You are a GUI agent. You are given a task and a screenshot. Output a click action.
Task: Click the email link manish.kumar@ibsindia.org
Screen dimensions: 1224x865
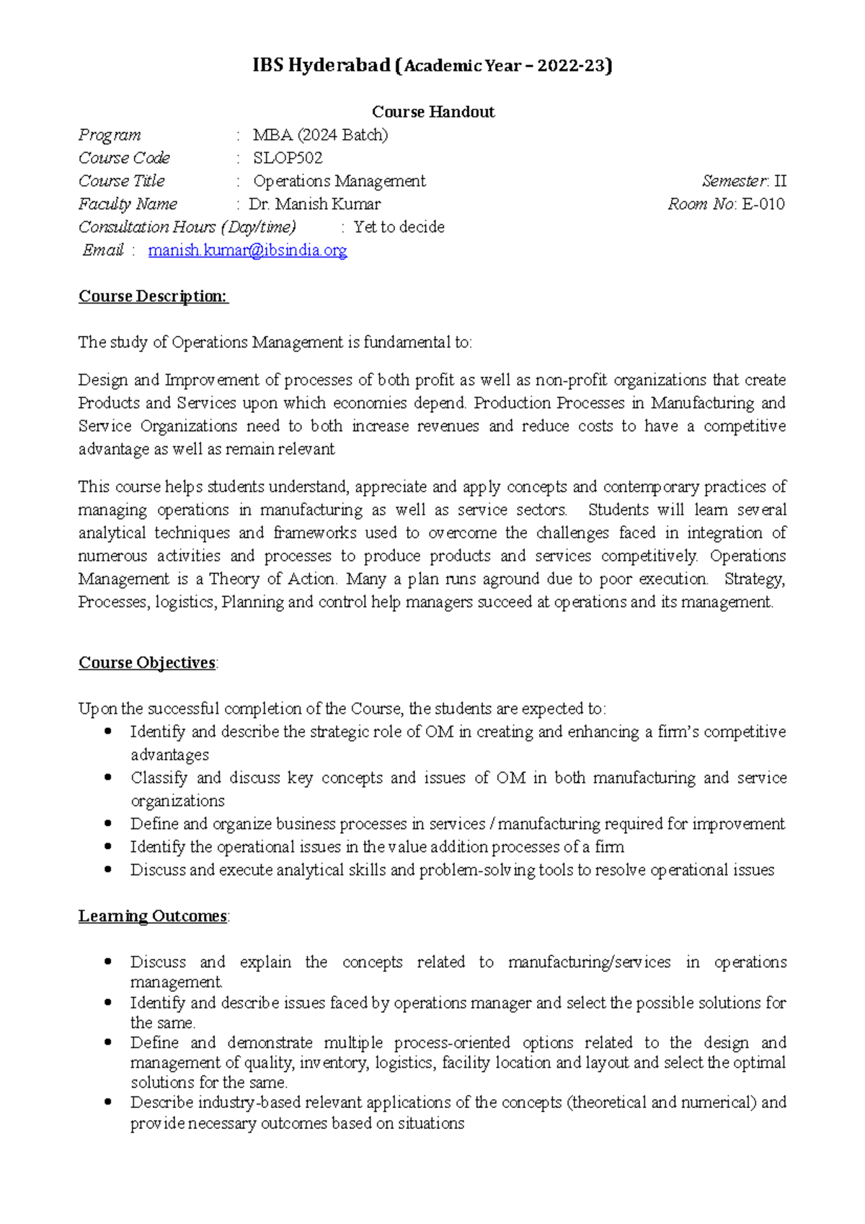247,250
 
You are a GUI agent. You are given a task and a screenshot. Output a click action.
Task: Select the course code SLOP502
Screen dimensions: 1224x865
288,158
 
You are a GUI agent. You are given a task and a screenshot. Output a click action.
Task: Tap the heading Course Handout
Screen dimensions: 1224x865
432,112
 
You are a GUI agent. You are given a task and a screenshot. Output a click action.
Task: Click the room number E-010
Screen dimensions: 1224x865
763,204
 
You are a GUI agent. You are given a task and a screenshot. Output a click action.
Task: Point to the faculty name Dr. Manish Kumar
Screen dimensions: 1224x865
315,204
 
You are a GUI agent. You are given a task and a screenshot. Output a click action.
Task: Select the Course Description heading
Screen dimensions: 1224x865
153,296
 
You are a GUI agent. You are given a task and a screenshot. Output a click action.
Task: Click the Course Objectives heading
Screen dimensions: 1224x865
147,662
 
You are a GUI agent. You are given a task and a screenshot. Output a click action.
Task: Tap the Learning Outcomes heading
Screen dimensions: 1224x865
153,915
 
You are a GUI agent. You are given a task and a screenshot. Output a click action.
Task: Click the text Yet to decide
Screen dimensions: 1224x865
399,227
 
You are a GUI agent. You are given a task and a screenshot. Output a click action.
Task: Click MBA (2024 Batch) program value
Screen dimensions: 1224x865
320,135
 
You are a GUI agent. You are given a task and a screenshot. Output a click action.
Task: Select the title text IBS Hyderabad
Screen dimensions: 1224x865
321,66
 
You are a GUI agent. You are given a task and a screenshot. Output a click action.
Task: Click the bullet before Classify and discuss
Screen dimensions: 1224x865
108,777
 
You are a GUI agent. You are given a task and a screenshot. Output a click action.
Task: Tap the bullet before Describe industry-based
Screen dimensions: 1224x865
108,1101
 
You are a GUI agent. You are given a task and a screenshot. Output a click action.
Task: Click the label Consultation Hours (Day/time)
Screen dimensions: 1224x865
187,227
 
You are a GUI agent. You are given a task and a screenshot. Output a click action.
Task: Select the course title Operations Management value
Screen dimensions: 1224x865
339,181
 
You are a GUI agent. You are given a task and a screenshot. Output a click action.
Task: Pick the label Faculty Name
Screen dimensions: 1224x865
128,204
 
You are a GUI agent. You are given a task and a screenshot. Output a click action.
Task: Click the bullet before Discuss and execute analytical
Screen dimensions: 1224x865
108,869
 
